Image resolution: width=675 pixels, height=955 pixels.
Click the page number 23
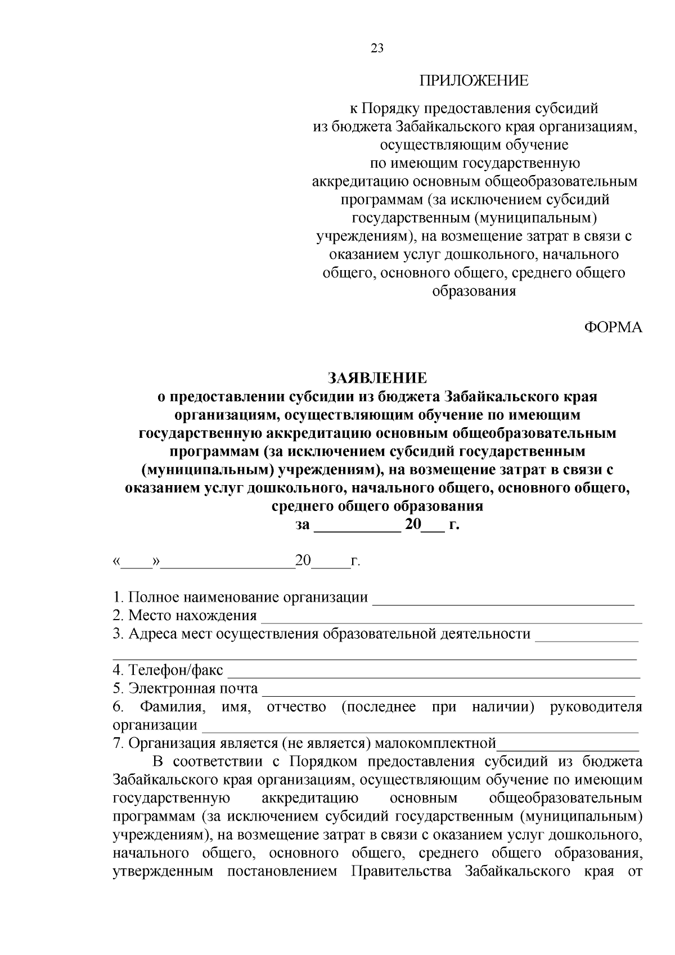click(377, 48)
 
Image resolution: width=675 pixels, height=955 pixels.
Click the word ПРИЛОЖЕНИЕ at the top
click(474, 80)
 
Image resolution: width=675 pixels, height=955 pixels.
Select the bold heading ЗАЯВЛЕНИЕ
click(377, 376)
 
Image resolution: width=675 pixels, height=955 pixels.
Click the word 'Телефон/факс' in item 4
click(175, 670)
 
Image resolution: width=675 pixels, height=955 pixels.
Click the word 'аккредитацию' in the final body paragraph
click(310, 799)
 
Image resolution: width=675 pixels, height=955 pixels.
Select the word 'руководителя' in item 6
click(596, 707)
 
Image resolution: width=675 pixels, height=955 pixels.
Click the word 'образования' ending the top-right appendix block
click(474, 292)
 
